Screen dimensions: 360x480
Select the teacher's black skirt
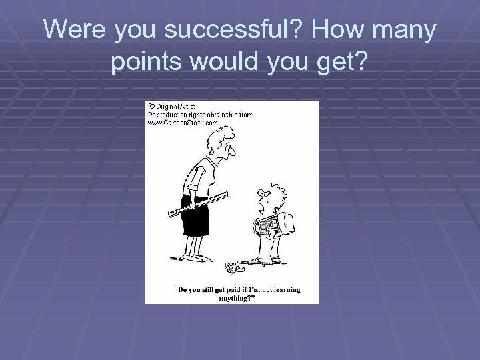tap(203, 217)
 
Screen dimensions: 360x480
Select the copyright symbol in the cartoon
tap(150, 105)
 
